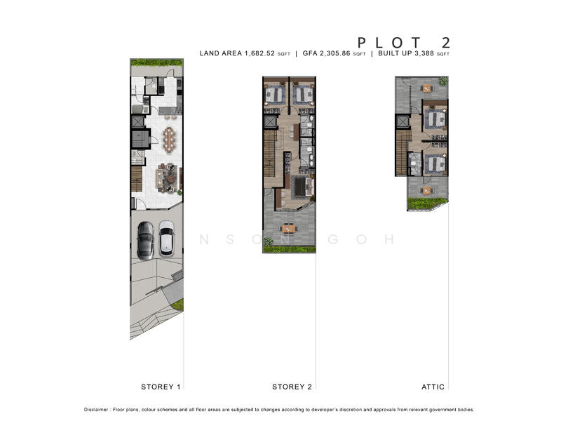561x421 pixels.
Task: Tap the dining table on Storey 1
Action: [x=169, y=139]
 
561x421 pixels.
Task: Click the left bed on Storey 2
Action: [x=274, y=95]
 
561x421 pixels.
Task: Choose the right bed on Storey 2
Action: [x=302, y=95]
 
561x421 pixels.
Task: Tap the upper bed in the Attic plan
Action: [x=436, y=119]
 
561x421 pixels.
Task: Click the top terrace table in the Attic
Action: [x=427, y=88]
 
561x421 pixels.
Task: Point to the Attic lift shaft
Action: [x=402, y=122]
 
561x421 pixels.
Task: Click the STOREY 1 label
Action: [x=161, y=387]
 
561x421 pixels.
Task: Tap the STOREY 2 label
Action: [x=292, y=387]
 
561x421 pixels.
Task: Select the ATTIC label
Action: [x=433, y=387]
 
